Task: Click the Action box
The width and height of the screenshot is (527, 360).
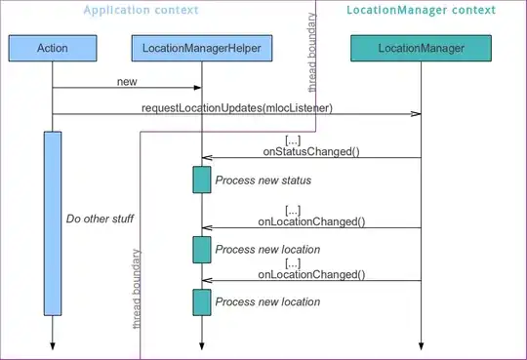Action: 53,48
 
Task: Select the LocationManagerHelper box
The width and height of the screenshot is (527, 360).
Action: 202,48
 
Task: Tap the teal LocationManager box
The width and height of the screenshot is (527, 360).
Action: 422,48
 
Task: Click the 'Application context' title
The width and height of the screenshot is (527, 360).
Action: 141,10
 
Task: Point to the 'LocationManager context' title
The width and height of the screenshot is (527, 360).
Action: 422,10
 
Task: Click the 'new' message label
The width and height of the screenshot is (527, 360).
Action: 127,82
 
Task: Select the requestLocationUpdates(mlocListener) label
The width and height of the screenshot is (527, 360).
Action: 237,108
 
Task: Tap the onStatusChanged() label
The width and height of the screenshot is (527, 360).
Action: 311,151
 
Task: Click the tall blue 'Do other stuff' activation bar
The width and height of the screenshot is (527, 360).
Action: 53,223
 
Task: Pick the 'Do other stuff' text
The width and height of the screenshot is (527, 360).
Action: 100,219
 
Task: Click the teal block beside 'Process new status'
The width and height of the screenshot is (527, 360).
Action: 202,180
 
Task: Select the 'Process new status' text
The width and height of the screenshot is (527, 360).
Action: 263,180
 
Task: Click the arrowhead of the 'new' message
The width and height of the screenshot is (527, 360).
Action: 197,88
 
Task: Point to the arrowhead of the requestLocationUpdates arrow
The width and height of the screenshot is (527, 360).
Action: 416,114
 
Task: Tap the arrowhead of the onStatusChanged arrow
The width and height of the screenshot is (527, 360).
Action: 207,158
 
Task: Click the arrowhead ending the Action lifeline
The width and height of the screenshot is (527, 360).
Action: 53,346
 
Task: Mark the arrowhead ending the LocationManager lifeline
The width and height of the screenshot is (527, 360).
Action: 422,346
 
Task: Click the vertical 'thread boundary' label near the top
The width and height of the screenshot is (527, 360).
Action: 312,53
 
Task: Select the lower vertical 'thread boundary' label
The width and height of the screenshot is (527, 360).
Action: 137,289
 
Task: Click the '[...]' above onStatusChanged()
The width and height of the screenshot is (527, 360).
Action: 293,140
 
